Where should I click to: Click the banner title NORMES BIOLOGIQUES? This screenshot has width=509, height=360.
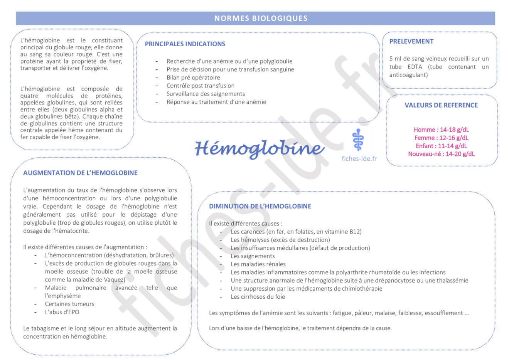click(x=261, y=18)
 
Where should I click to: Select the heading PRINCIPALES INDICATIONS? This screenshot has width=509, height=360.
click(x=185, y=44)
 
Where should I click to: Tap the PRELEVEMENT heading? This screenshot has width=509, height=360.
click(x=411, y=41)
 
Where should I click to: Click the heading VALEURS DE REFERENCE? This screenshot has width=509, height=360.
click(x=441, y=105)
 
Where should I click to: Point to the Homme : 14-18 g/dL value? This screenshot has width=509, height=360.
click(x=441, y=130)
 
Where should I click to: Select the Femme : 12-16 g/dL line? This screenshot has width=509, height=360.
click(x=441, y=138)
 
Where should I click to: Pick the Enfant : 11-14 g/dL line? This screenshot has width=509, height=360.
click(x=441, y=146)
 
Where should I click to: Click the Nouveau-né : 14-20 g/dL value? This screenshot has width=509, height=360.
click(x=441, y=154)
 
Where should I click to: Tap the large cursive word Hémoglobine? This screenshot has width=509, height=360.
click(x=259, y=148)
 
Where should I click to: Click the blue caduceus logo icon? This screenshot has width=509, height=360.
click(x=358, y=140)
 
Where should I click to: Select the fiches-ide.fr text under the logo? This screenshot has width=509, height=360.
click(x=359, y=158)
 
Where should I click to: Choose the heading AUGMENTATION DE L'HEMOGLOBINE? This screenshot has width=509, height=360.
click(x=80, y=173)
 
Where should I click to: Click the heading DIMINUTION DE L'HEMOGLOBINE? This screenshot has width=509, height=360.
click(x=260, y=206)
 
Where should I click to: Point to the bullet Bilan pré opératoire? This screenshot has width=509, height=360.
click(x=193, y=77)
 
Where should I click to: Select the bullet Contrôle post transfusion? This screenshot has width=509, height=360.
click(x=200, y=86)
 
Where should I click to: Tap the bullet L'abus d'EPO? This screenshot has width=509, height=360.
click(x=62, y=312)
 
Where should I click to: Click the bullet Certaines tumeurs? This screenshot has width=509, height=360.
click(x=69, y=304)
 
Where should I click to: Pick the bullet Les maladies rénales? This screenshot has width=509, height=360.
click(x=258, y=264)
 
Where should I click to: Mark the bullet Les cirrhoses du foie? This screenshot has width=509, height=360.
click(x=258, y=297)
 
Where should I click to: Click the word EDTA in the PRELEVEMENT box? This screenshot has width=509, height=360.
click(x=415, y=67)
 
